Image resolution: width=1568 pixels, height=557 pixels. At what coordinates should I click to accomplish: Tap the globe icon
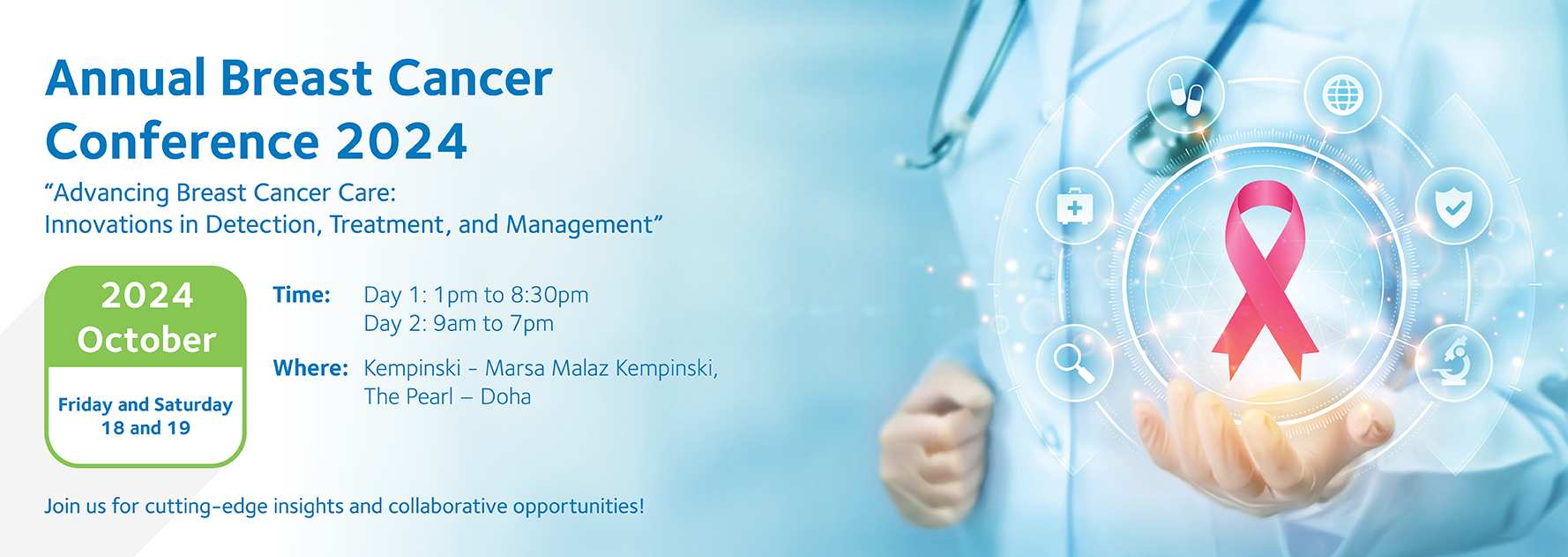pos(1343,94)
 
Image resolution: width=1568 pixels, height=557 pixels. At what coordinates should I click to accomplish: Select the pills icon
pos(1185,94)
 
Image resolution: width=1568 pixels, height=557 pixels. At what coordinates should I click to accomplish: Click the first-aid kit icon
pos(1074,207)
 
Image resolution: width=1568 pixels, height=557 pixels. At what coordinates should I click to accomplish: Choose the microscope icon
pos(1453,362)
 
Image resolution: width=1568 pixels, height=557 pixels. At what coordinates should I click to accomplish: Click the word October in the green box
pos(146,340)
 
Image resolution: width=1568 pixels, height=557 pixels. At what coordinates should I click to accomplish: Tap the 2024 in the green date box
pos(147,295)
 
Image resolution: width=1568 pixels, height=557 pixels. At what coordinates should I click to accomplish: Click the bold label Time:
pos(302,295)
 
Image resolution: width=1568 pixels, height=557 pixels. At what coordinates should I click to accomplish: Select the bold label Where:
pos(310,368)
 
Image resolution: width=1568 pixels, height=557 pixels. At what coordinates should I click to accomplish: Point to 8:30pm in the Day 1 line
pos(549,296)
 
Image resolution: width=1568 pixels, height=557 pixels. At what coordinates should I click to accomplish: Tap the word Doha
pos(505,396)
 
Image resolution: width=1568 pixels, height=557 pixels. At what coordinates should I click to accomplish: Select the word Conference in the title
pos(183,141)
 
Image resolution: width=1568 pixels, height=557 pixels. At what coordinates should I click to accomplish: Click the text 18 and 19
pos(146,428)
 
